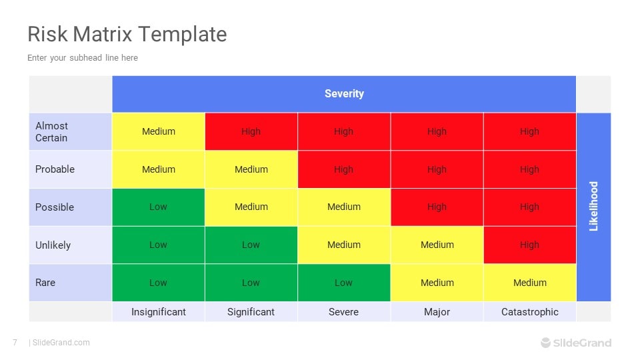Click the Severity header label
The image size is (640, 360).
coord(344,94)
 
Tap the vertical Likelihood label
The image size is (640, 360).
coord(593,207)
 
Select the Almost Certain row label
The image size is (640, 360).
coord(51,132)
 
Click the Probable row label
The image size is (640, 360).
coord(55,169)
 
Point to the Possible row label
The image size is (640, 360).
coord(54,207)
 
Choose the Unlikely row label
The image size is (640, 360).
coord(53,245)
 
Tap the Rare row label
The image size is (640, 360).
coord(45,283)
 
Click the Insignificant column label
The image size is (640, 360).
coord(159,312)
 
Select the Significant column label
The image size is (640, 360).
coord(251,312)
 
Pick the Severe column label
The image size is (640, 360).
coord(344,312)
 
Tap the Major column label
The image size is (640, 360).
coord(437,312)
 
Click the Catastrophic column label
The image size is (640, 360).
coord(529,312)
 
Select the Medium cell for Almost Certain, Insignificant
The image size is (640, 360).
coord(159,132)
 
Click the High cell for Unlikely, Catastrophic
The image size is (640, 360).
coord(530,245)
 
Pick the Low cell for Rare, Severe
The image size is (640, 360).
coord(344,283)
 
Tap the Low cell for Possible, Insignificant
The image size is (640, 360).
coord(159,207)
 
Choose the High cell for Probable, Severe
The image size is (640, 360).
coord(344,169)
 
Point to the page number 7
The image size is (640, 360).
coord(15,343)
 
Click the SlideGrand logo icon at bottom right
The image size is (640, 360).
coord(546,343)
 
